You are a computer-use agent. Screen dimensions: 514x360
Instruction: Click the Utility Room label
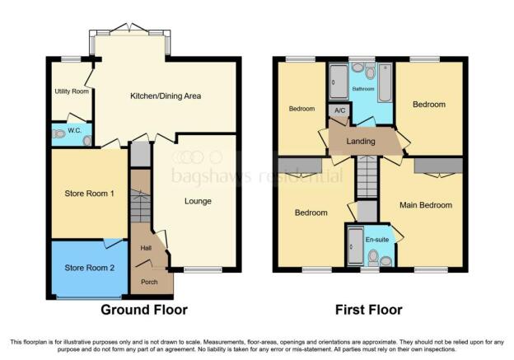coord(72,91)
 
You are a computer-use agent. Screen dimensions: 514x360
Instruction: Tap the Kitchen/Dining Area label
coord(166,96)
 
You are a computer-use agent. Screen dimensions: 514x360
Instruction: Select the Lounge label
coord(198,201)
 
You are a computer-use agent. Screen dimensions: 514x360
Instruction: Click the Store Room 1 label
coord(89,194)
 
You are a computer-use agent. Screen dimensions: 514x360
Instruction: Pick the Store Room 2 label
coord(90,268)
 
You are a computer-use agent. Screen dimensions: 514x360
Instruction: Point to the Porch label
coord(149,282)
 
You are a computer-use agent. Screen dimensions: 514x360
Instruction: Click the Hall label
coord(146,248)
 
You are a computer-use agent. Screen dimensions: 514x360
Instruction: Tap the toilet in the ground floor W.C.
coord(58,133)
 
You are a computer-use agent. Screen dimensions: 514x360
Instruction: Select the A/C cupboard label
coord(340,110)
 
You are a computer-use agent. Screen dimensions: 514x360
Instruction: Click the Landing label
coord(361,142)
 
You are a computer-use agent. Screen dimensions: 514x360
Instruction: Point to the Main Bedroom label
coord(426,205)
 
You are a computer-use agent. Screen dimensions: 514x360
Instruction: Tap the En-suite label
coord(377,240)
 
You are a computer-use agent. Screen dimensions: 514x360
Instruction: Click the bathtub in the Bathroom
coord(385,82)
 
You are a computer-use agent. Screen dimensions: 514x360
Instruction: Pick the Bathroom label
coord(363,89)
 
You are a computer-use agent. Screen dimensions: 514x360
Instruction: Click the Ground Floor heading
coord(144,310)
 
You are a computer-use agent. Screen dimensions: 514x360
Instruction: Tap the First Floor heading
coord(369,310)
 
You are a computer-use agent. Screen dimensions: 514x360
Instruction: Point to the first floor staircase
coord(367,177)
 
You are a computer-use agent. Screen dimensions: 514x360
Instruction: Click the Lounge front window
coord(203,270)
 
